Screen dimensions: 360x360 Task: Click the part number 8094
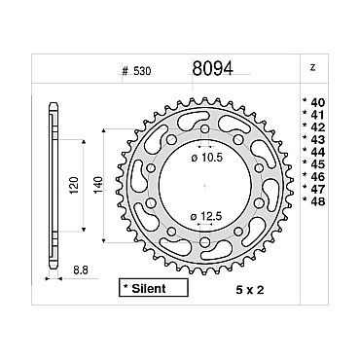coord(212,68)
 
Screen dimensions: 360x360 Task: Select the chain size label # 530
coord(136,71)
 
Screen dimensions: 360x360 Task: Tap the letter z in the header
coord(312,68)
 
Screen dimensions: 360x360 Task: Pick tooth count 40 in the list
coord(314,103)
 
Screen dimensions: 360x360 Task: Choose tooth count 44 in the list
coord(314,152)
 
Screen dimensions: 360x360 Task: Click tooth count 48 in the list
coord(314,201)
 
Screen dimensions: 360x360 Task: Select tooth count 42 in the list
coord(314,127)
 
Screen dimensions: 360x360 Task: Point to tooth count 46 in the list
coord(314,177)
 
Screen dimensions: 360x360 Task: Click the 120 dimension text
coord(74,185)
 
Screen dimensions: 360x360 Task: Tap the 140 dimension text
coord(97,185)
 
